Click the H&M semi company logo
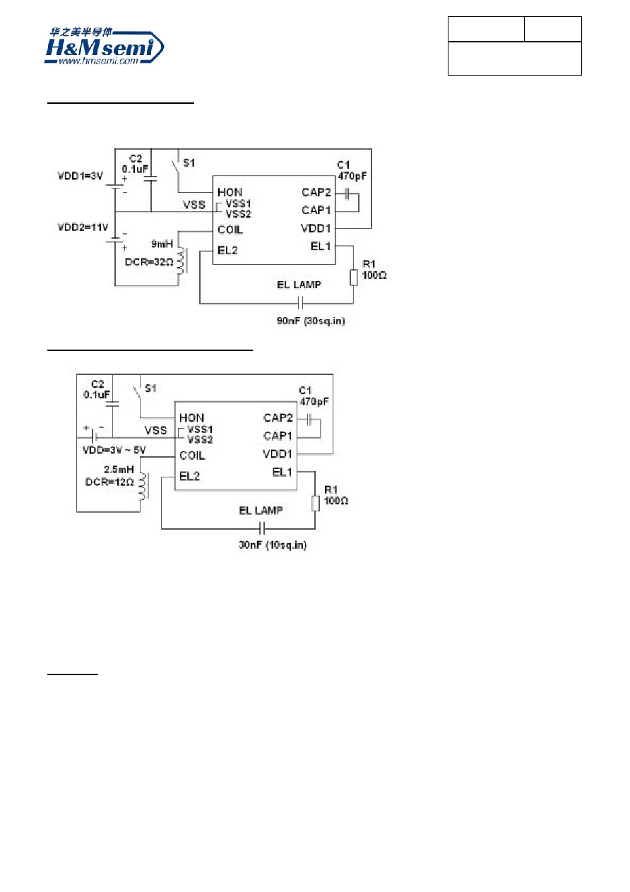[104, 46]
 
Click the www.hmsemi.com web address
[98, 61]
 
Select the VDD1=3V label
[80, 176]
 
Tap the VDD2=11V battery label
[83, 227]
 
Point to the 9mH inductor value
[162, 244]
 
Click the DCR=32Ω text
[149, 262]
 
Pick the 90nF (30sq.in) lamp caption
[311, 321]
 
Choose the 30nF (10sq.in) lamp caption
[273, 545]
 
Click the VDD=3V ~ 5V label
[114, 450]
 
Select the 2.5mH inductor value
[119, 469]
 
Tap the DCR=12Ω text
[109, 482]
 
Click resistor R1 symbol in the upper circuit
[354, 278]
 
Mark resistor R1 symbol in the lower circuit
[316, 504]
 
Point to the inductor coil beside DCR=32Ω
[182, 261]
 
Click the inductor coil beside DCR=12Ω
[143, 486]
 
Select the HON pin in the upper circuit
[230, 192]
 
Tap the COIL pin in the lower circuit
[192, 456]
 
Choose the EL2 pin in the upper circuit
[227, 251]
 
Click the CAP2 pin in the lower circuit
[278, 418]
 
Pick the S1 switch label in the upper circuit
[189, 163]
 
